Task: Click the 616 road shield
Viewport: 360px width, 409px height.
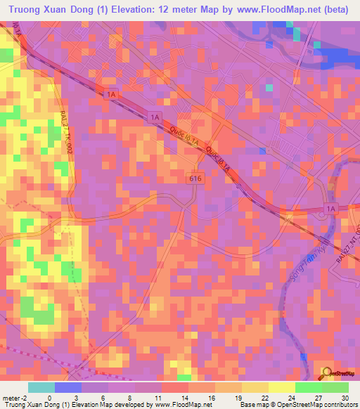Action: coord(196,179)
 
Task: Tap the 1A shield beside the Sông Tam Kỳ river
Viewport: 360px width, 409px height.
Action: coord(331,209)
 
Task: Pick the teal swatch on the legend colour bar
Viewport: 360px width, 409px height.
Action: coord(41,387)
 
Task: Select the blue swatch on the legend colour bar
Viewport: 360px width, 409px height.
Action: coord(68,387)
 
